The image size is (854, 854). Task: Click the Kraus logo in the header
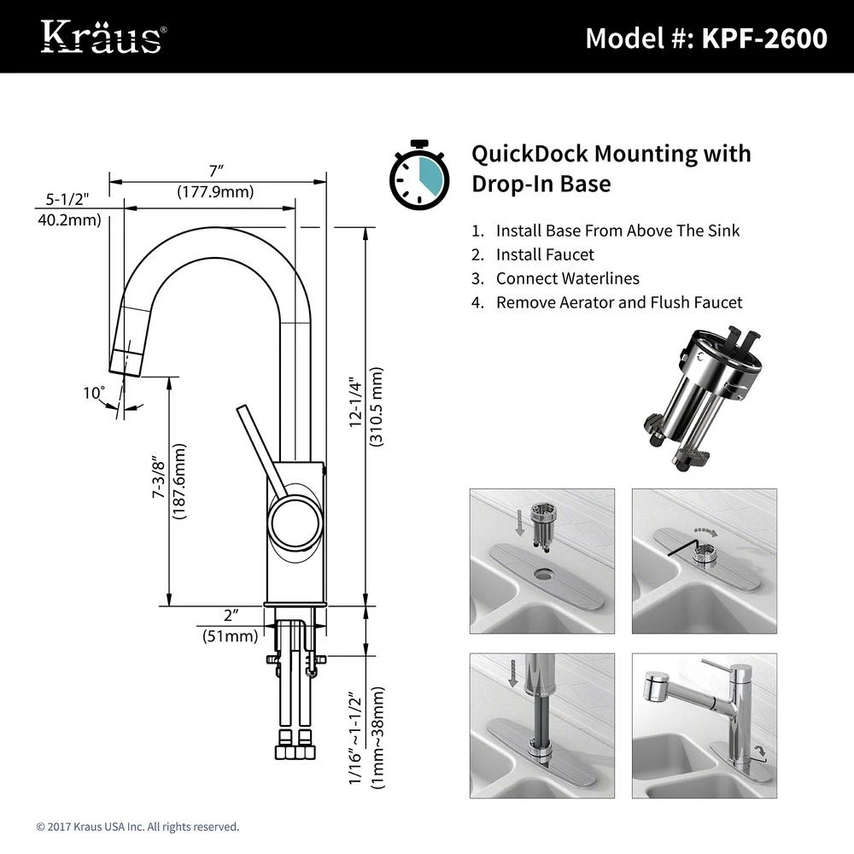(x=102, y=37)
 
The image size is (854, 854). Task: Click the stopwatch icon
(x=418, y=175)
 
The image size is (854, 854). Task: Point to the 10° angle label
(x=93, y=393)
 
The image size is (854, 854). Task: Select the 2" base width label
(x=230, y=616)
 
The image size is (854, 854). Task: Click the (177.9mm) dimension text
(x=215, y=192)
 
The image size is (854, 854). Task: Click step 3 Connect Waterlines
(x=567, y=278)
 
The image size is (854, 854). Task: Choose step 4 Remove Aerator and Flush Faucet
(x=619, y=302)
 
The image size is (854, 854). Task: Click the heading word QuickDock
(x=529, y=154)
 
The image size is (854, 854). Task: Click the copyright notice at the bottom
(x=137, y=827)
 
